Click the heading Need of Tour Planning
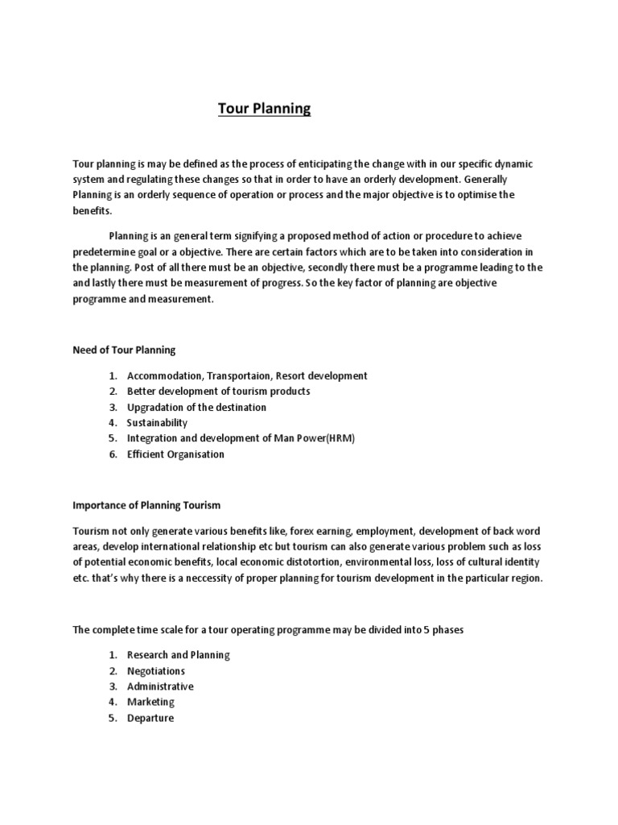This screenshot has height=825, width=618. (124, 350)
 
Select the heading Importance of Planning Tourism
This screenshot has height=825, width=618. (146, 505)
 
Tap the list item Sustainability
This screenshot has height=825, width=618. (157, 423)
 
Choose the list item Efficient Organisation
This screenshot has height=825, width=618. (175, 454)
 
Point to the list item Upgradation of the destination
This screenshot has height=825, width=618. (196, 407)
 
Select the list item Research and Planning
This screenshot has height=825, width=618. (178, 655)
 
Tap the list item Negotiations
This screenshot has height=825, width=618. (156, 671)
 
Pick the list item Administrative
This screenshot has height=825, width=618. (160, 686)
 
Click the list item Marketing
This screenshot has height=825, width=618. (150, 703)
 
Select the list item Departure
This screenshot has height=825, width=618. (150, 718)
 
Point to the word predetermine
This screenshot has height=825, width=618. (107, 251)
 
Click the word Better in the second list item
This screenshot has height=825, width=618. (142, 392)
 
